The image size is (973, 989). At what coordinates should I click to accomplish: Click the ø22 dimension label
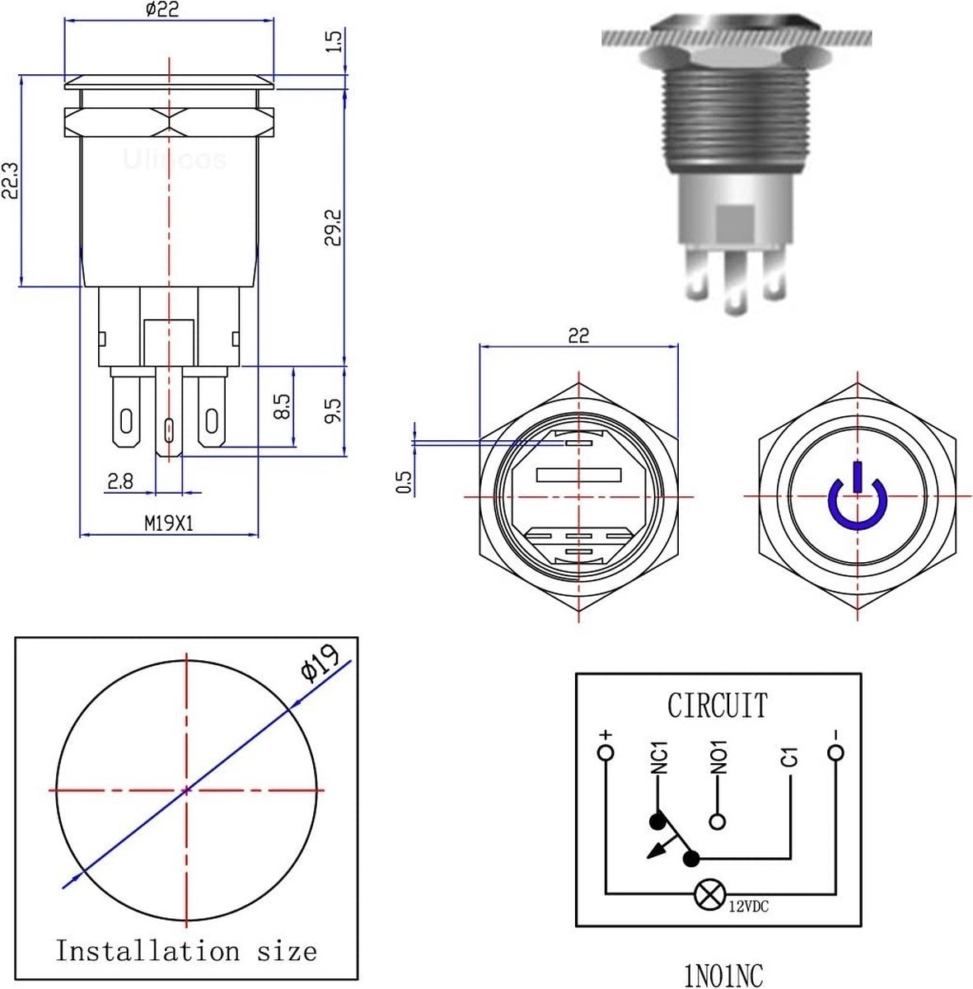point(161,10)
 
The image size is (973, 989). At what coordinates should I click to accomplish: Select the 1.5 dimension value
point(334,42)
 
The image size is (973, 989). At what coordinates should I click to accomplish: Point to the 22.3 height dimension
point(11,180)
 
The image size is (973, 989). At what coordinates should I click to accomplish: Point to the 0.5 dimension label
point(404,483)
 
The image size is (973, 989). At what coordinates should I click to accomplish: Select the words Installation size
point(186,951)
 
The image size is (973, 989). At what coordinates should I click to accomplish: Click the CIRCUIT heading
point(717,705)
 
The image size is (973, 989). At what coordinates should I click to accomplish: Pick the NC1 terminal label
point(658,758)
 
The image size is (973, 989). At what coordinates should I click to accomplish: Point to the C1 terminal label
point(789,757)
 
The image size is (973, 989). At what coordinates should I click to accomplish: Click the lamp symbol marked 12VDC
point(707,894)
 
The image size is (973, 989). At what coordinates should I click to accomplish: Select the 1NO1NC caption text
point(723,975)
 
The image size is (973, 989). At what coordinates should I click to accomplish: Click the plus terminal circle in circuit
point(606,753)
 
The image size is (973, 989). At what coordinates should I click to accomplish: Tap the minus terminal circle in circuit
point(835,753)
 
